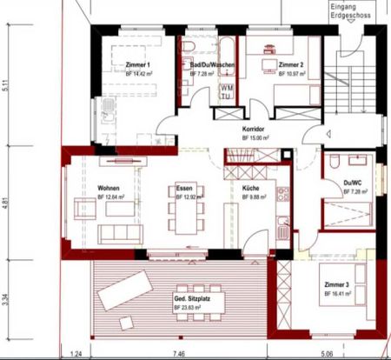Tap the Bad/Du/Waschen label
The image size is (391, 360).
coord(209,64)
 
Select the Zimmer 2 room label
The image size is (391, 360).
coord(289,64)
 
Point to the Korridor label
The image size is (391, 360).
coord(255,130)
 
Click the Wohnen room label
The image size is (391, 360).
coord(109,189)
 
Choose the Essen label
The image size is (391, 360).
coord(183,189)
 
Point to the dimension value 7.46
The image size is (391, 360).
coord(179,355)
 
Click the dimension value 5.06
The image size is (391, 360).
coord(326,355)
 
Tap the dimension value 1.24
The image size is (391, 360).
coord(76,355)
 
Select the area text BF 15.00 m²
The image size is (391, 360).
coord(255,138)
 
